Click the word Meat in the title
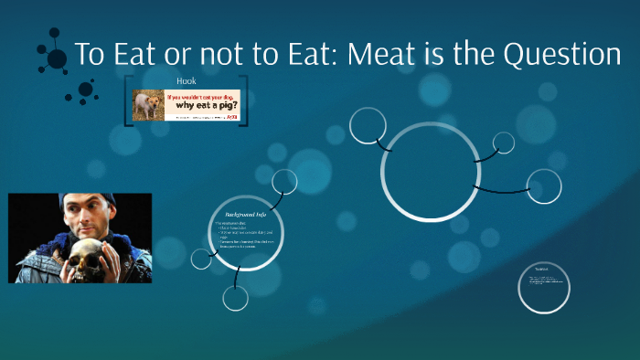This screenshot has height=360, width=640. coord(390,55)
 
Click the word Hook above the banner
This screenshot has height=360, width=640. coord(187,81)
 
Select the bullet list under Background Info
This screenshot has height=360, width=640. coord(245,236)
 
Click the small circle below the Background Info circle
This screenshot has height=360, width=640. coord(236,298)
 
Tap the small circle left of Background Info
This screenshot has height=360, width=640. coord(201,258)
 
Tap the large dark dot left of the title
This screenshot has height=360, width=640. coord(57,59)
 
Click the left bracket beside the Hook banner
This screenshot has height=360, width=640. coord(126,100)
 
